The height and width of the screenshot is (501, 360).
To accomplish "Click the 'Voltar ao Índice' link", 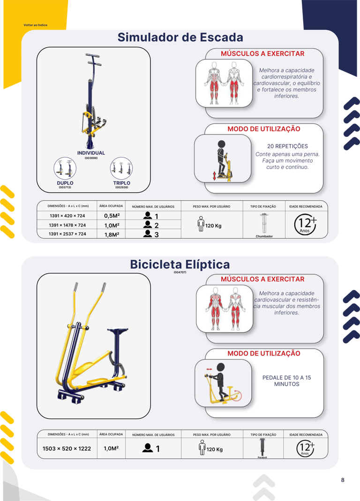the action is click(36, 25).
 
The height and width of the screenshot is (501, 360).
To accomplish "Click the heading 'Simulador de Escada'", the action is click(180, 38).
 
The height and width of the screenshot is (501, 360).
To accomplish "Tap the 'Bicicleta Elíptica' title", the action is click(180, 265).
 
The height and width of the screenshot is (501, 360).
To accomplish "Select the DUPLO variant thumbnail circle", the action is click(65, 168).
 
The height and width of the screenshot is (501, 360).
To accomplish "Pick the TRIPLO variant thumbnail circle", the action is click(121, 168).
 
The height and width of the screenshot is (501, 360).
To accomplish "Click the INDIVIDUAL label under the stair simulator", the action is click(91, 153).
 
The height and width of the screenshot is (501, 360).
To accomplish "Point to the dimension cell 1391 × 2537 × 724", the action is click(67, 234).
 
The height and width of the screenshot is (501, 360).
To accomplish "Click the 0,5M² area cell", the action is click(112, 216).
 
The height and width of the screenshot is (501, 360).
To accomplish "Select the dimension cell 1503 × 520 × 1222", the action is click(67, 448).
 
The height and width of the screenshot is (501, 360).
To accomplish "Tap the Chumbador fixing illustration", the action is click(264, 223).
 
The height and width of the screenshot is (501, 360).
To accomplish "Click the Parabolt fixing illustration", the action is click(262, 447).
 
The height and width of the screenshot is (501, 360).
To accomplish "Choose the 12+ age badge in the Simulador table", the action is click(306, 225).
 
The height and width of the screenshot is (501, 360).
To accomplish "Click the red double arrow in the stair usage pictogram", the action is click(215, 176).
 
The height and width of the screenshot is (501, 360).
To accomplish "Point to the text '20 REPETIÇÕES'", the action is click(287, 146).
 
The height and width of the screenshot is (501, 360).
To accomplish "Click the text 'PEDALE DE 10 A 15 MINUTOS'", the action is click(286, 381).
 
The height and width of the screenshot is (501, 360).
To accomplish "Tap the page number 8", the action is click(343, 480).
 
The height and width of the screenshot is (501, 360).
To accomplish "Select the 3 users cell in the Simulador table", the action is click(151, 234).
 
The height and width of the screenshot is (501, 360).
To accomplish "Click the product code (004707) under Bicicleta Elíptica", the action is click(180, 272).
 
